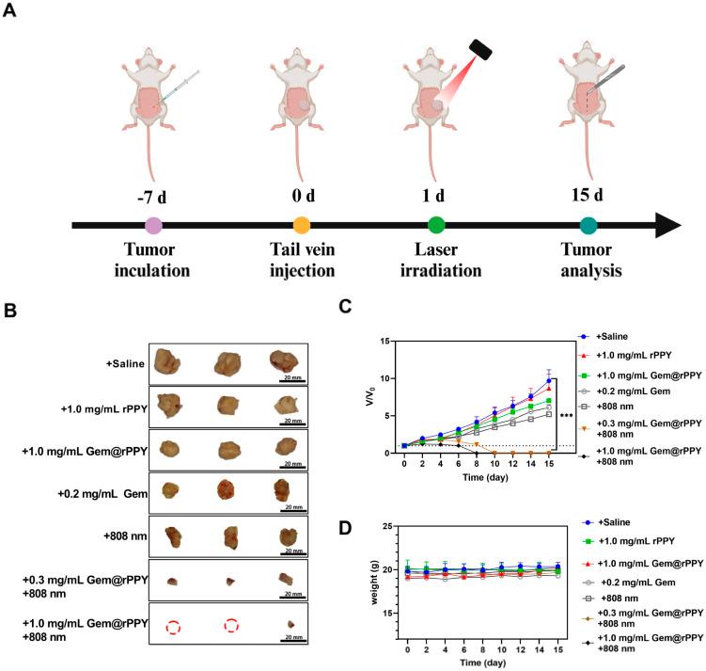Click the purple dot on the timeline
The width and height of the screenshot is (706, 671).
[x=153, y=225]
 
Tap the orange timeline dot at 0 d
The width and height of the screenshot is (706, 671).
[x=302, y=225]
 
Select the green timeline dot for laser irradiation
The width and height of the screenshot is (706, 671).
[x=436, y=225]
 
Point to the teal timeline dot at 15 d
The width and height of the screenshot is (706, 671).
[x=588, y=225]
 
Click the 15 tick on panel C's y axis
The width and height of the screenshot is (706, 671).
[x=385, y=341]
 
